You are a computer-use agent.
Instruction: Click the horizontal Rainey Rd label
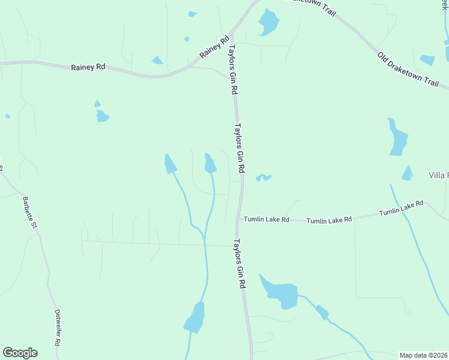(x=88, y=67)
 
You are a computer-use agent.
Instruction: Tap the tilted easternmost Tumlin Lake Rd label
(x=401, y=209)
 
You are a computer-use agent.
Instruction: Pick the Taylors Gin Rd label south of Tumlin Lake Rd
(x=240, y=264)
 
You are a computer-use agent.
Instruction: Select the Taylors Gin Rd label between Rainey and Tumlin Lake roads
(x=240, y=148)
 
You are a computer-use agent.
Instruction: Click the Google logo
(x=20, y=353)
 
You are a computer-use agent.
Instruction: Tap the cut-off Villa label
(x=438, y=175)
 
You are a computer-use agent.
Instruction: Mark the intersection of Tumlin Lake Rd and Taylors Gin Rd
(x=240, y=218)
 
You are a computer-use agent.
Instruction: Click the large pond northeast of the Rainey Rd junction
(x=268, y=23)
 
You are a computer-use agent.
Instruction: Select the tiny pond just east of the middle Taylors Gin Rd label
(x=264, y=178)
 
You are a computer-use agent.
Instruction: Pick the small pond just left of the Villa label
(x=407, y=173)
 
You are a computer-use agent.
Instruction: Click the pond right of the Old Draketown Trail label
(x=427, y=59)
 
